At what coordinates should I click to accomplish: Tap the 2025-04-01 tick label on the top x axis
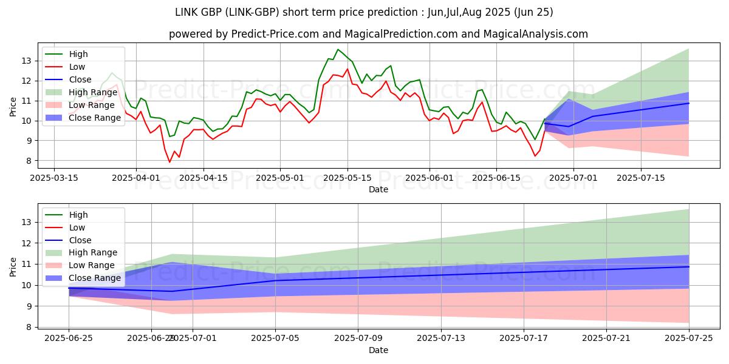pos(135,178)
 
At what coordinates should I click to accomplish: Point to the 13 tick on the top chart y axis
pos(27,61)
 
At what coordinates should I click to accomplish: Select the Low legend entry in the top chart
pos(77,67)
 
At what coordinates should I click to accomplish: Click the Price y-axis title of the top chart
pos(13,106)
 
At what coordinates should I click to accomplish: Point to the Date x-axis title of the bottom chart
pos(378,350)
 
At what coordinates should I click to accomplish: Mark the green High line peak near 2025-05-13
pos(338,49)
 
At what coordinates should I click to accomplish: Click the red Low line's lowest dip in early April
pos(169,162)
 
